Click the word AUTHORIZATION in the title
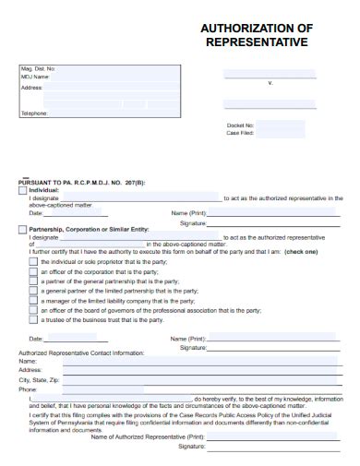[x=237, y=29]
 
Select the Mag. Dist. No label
[x=38, y=69]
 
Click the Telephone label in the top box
[x=34, y=114]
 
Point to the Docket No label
[x=240, y=125]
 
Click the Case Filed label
[x=240, y=133]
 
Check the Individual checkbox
[x=23, y=189]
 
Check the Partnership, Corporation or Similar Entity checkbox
[x=23, y=228]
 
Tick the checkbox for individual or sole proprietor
[x=33, y=261]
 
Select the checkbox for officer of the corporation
[x=33, y=271]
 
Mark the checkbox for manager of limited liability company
[x=33, y=301]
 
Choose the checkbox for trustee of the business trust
[x=33, y=320]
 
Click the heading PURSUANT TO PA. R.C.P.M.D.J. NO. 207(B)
[x=81, y=182]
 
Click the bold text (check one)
[x=301, y=251]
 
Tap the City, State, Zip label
[x=39, y=379]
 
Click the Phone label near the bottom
[x=28, y=389]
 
